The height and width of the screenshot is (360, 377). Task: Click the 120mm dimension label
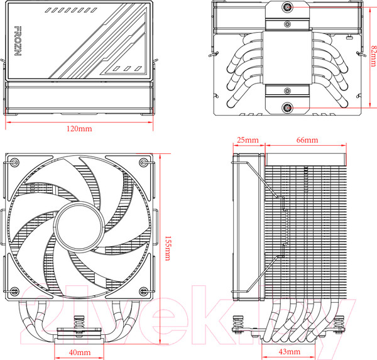click(79, 128)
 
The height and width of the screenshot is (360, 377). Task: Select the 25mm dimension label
click(248, 139)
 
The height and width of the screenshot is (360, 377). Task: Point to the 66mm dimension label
click(307, 139)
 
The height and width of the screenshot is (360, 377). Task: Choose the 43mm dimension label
click(290, 352)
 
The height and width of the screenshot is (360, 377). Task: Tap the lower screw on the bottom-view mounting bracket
click(287, 107)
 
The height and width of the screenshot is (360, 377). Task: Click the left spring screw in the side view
click(239, 327)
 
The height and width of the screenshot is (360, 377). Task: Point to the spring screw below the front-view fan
click(79, 326)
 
